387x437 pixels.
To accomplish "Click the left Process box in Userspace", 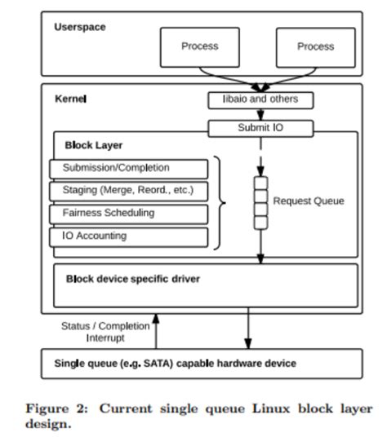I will (x=200, y=46).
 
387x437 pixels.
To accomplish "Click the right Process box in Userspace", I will (x=315, y=46).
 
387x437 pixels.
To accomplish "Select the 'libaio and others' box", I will (x=260, y=99).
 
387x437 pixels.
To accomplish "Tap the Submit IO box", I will (x=260, y=128).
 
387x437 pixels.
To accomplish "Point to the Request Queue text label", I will (x=308, y=201).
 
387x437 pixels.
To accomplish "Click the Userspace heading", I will (x=79, y=27).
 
